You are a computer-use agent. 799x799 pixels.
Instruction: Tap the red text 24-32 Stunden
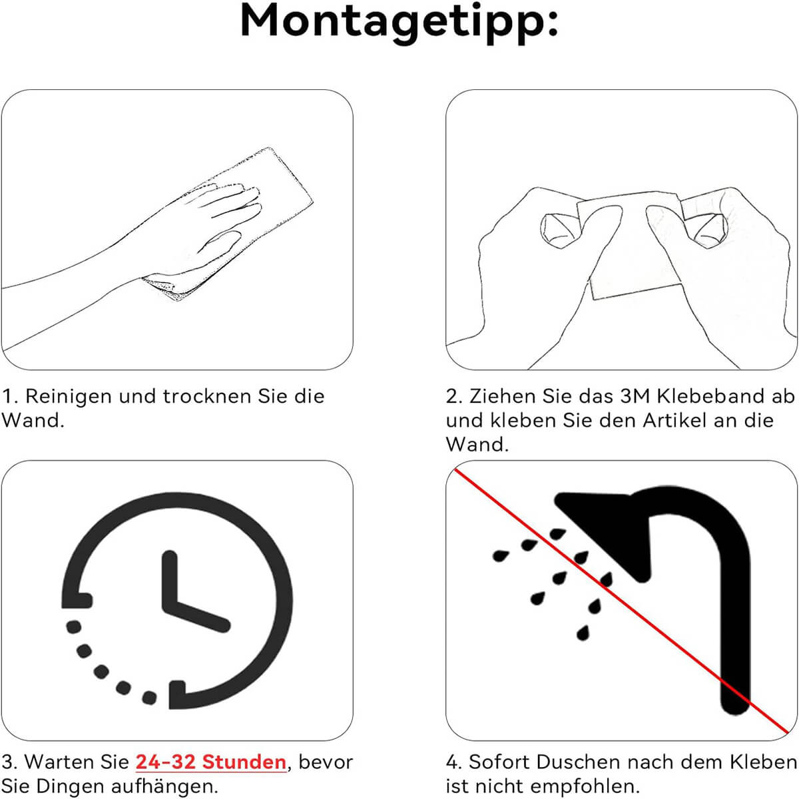pyautogui.click(x=210, y=762)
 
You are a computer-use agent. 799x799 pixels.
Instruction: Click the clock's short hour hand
pyautogui.click(x=170, y=583)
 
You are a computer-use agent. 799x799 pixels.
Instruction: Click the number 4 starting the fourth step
pyautogui.click(x=453, y=762)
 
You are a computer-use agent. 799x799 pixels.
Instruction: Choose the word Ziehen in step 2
pyautogui.click(x=502, y=396)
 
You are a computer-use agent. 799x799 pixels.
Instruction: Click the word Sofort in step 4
pyautogui.click(x=499, y=762)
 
